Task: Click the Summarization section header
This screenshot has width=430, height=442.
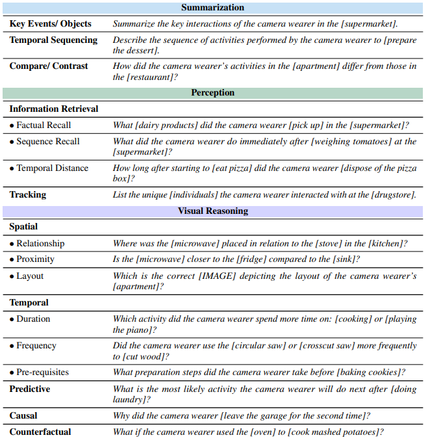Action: (212, 8)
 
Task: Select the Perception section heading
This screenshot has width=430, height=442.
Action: (212, 93)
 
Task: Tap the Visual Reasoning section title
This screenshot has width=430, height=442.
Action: (212, 211)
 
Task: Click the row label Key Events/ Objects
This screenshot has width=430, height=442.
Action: (50, 24)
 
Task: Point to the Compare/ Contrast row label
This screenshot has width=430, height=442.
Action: (49, 66)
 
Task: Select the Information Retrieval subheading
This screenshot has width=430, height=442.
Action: (54, 109)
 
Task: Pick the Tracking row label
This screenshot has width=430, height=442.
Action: (28, 194)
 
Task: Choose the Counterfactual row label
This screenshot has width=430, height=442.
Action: (40, 432)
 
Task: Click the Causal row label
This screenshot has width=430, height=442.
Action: (23, 415)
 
